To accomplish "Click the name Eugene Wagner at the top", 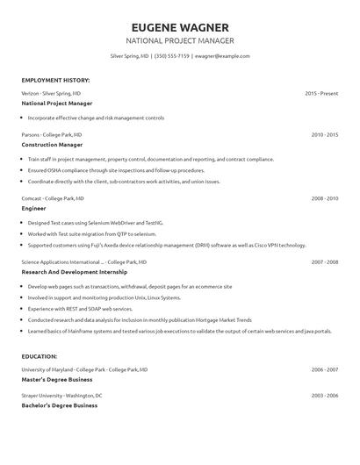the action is pyautogui.click(x=179, y=26).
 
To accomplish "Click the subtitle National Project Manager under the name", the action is pyautogui.click(x=179, y=40).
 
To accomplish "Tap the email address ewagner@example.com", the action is pyautogui.click(x=222, y=55).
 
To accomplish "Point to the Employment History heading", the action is pyautogui.click(x=55, y=80).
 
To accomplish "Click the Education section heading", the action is pyautogui.click(x=40, y=356).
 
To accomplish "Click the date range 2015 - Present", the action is pyautogui.click(x=321, y=92).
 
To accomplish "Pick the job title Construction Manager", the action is pyautogui.click(x=52, y=144).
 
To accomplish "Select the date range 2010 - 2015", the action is pyautogui.click(x=324, y=134).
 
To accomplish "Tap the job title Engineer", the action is pyautogui.click(x=33, y=209).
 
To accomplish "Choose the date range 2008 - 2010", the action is pyautogui.click(x=324, y=198).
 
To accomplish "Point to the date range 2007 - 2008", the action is pyautogui.click(x=324, y=261).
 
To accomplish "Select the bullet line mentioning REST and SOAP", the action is pyautogui.click(x=81, y=309).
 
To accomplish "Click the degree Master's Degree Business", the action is pyautogui.click(x=57, y=379).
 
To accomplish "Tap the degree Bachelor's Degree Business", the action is pyautogui.click(x=59, y=405).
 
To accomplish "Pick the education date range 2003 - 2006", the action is pyautogui.click(x=324, y=396).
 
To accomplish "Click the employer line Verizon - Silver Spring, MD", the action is pyautogui.click(x=51, y=92).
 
